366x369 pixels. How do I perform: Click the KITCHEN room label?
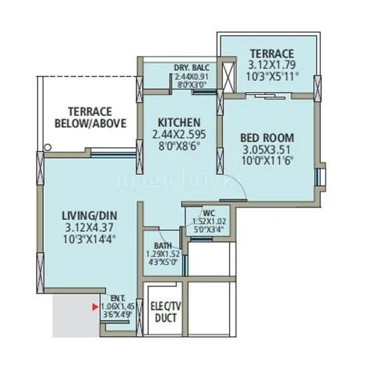179,122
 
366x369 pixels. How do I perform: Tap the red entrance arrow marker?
94,307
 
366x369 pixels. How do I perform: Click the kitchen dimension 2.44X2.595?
179,133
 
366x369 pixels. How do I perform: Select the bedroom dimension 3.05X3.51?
267,149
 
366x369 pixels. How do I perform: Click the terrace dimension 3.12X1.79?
271,66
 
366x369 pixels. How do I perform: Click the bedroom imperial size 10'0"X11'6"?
267,160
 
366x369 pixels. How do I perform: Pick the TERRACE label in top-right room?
271,54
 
